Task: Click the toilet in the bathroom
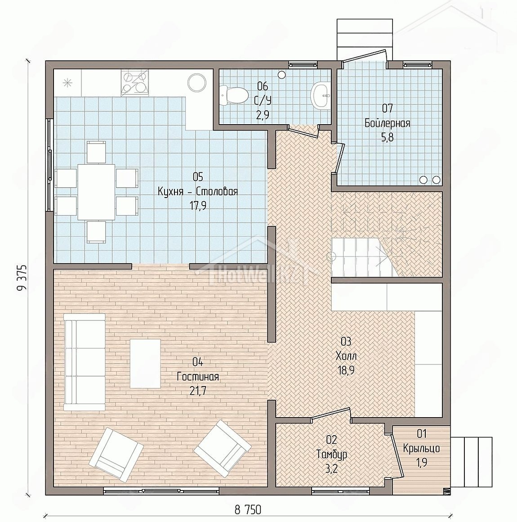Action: pyautogui.click(x=234, y=95)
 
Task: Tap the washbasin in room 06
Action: pyautogui.click(x=320, y=95)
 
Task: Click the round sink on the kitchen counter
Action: pyautogui.click(x=197, y=82)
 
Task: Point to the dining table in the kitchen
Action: pyautogui.click(x=97, y=192)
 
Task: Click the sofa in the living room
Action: pyautogui.click(x=85, y=362)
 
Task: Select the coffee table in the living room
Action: pyautogui.click(x=145, y=364)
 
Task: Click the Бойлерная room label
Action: pyautogui.click(x=387, y=123)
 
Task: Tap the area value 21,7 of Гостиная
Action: pyautogui.click(x=198, y=391)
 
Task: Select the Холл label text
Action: pyautogui.click(x=346, y=356)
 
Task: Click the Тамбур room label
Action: pyautogui.click(x=332, y=454)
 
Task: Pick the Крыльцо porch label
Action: pyautogui.click(x=422, y=449)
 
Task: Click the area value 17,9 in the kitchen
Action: pyautogui.click(x=198, y=206)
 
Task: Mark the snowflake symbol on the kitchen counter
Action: pyautogui.click(x=67, y=82)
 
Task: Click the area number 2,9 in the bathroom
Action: pyautogui.click(x=263, y=115)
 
